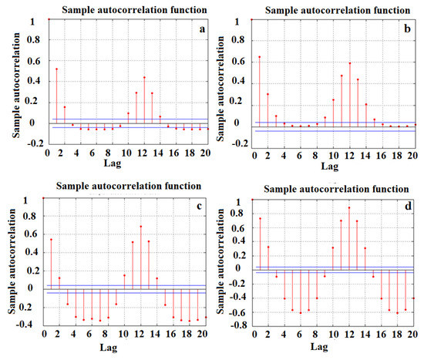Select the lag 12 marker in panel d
pos(349,207)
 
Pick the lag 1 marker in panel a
pos(56,69)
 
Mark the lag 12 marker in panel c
pos(140,227)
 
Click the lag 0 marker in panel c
pos(45,198)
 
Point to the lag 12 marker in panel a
pos(144,77)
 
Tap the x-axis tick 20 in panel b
pos(412,156)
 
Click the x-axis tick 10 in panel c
pos(124,333)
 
